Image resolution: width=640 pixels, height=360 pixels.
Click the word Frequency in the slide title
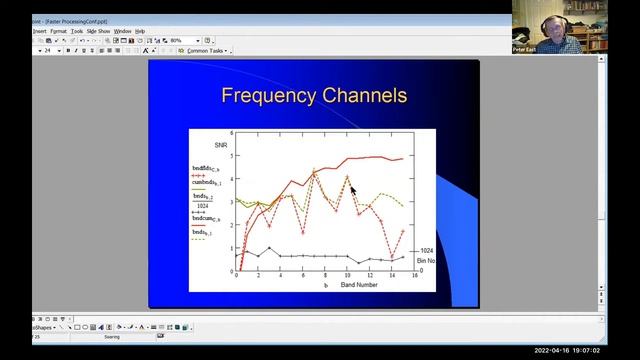pos(269,96)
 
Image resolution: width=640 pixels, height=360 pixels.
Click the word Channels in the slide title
pos(364,96)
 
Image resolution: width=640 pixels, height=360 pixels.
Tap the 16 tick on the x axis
pos(414,278)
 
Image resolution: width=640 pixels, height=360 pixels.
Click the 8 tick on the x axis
pos(325,278)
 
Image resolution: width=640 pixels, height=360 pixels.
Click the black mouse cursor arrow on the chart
pos(353,187)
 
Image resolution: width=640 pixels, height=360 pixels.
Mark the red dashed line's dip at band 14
pos(391,256)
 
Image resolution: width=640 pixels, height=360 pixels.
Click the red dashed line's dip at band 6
pos(303,233)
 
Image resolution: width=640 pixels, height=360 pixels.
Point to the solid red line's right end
pos(403,158)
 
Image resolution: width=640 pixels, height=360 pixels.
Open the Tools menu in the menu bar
pos(77,31)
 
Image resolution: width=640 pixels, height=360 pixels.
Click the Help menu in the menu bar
pos(140,31)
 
